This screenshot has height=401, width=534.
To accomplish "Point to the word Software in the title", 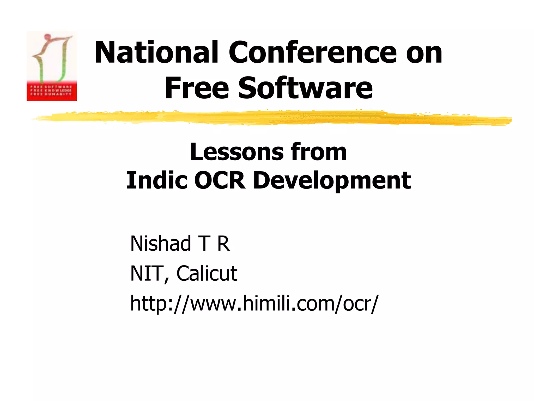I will [305, 88].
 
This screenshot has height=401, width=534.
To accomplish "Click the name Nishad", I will [161, 243].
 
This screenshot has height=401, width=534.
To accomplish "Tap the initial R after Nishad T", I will [223, 243].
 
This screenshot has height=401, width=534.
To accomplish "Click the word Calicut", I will [207, 274].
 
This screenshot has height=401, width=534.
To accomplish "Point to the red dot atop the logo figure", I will [47, 36].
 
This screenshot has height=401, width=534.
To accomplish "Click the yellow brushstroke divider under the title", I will [271, 118].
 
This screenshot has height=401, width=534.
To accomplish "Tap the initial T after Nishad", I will [204, 243].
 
